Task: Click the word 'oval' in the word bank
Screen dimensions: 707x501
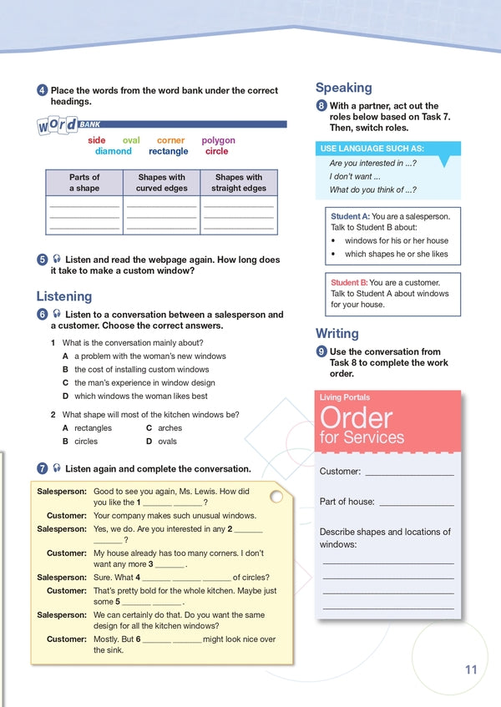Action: point(131,140)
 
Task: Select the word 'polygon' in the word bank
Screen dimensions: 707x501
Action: point(218,140)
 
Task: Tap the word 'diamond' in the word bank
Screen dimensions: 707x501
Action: point(113,151)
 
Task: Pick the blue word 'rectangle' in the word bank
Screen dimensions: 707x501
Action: point(169,151)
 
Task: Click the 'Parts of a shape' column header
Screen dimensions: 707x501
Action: point(83,183)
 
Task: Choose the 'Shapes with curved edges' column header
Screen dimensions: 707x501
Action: point(161,183)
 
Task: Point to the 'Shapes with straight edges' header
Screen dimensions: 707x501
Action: point(239,183)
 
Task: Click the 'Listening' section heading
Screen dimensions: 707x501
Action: point(64,296)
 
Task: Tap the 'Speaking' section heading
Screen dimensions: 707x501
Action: point(344,88)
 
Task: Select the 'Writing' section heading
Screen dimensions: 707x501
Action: point(337,334)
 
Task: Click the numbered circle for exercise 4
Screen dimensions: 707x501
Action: point(42,90)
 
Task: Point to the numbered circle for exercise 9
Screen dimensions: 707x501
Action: point(321,352)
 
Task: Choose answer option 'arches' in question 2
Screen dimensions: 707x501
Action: point(170,428)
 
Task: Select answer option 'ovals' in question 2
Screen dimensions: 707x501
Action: point(168,442)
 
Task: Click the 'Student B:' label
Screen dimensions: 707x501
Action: point(349,282)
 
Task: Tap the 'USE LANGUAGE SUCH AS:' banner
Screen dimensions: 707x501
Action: point(372,149)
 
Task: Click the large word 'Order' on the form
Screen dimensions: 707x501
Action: point(356,417)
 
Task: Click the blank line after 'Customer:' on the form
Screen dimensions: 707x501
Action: point(409,472)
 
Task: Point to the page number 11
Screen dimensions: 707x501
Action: point(471,669)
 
